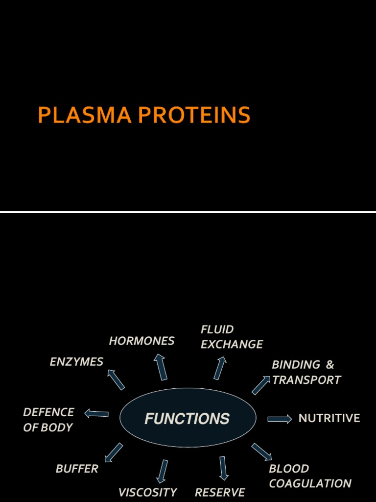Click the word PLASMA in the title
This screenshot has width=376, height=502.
click(x=85, y=116)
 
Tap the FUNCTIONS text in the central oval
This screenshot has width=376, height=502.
click(x=187, y=419)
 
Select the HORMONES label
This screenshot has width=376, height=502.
click(x=141, y=341)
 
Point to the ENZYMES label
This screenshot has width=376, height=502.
click(x=76, y=362)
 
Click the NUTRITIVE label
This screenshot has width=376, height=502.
click(x=329, y=418)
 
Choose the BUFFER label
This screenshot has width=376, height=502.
click(x=77, y=469)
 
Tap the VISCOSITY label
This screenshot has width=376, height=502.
click(x=147, y=492)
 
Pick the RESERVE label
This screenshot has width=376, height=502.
click(x=220, y=492)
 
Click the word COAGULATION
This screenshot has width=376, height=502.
click(x=310, y=484)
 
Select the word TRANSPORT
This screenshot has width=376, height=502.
click(x=306, y=380)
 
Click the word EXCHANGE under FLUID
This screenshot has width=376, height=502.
click(x=232, y=344)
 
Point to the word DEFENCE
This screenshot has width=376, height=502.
click(x=48, y=412)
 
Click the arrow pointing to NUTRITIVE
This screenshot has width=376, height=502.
click(x=280, y=419)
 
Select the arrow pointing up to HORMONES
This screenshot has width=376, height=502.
click(x=160, y=367)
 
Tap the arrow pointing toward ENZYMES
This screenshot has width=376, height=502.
click(x=116, y=379)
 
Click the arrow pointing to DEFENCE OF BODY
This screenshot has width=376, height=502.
click(x=96, y=414)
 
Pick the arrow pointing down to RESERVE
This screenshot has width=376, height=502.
click(x=223, y=468)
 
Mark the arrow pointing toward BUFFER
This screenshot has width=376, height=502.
click(x=114, y=452)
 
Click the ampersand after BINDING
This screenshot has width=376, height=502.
click(x=329, y=365)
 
